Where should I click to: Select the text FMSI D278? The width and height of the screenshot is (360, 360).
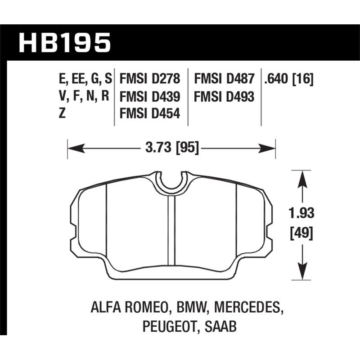pyautogui.click(x=149, y=80)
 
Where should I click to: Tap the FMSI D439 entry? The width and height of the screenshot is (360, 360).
pyautogui.click(x=149, y=97)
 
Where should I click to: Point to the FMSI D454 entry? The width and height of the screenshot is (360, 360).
pyautogui.click(x=149, y=114)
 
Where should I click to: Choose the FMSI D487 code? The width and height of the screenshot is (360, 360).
pyautogui.click(x=225, y=80)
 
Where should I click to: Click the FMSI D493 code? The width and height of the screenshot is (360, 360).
pyautogui.click(x=225, y=97)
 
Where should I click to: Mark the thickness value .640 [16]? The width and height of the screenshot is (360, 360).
pyautogui.click(x=289, y=80)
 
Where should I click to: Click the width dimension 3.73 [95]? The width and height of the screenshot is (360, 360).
pyautogui.click(x=171, y=147)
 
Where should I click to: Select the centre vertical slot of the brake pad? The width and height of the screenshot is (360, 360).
pyautogui.click(x=171, y=229)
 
